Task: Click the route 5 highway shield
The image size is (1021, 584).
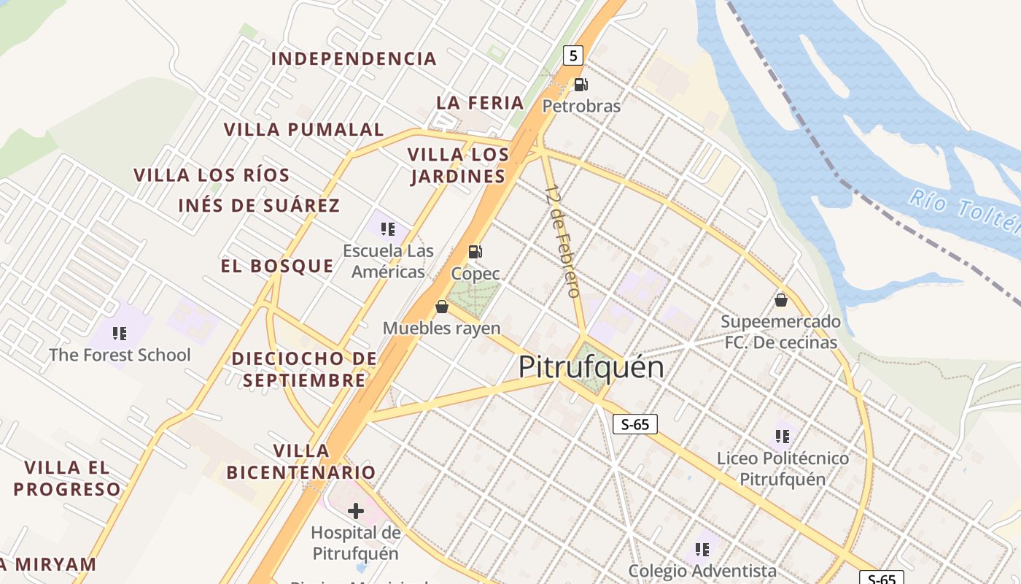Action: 574,55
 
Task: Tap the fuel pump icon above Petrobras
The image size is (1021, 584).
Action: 581,85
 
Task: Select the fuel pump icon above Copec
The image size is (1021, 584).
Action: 475,253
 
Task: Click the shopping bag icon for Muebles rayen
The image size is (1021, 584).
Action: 441,307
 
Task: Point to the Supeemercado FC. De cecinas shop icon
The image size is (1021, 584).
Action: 780,300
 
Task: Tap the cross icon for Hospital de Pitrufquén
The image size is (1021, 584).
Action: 355,511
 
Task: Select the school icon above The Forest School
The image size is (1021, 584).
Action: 120,334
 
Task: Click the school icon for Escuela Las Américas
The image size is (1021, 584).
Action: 388,229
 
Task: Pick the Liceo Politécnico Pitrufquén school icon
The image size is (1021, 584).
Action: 783,437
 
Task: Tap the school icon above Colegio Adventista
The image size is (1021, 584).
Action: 702,549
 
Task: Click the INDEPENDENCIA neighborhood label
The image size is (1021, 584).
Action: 354,58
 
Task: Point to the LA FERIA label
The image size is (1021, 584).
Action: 480,103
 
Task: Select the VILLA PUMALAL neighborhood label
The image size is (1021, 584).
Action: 303,130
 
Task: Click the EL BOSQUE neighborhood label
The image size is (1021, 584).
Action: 277,266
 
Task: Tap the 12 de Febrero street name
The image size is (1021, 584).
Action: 563,241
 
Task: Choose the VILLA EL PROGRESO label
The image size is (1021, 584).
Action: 66,478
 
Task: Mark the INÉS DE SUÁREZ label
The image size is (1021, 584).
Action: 259,206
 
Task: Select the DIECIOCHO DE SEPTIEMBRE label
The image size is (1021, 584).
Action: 304,369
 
